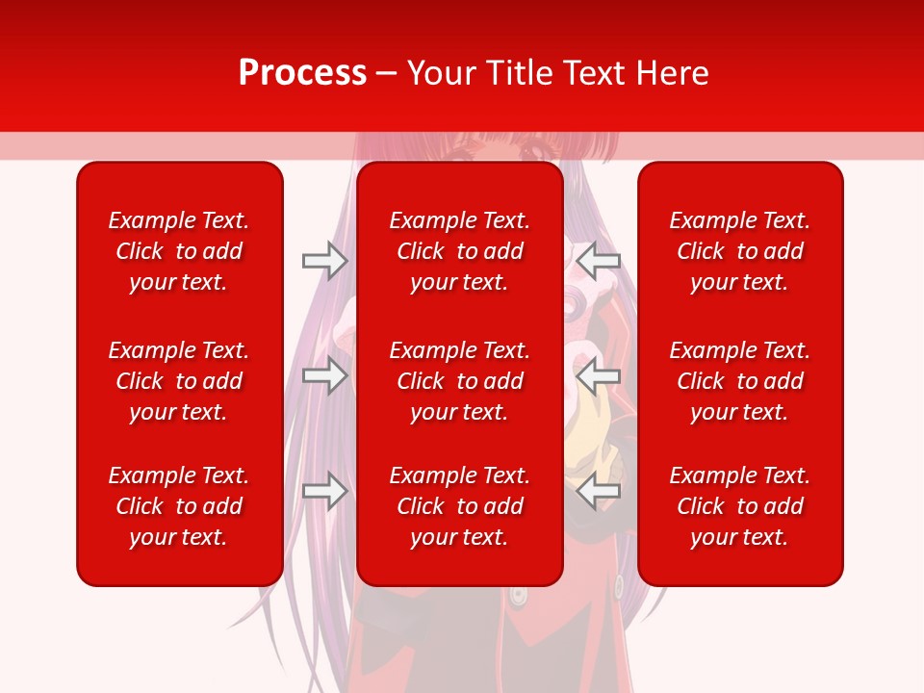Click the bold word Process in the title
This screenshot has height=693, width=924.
pos(302,73)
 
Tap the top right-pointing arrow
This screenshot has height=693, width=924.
pos(325,260)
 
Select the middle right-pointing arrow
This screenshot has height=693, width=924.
pos(325,375)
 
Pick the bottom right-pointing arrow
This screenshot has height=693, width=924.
pos(325,491)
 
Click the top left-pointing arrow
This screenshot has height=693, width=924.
pos(599,260)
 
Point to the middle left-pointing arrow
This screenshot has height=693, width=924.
pos(599,375)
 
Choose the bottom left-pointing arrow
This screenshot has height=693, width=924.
pos(599,491)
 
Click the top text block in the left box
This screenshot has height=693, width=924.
pos(179,251)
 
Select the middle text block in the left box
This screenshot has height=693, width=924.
pos(179,381)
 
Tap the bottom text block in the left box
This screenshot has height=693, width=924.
pos(179,506)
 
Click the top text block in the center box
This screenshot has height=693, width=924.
pos(459,251)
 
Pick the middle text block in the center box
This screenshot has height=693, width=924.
pos(459,381)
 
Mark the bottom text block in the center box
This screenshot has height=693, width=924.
pos(459,506)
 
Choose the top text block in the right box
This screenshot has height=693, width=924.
pos(739,251)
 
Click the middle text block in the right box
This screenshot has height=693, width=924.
pos(739,381)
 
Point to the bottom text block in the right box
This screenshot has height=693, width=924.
pos(739,506)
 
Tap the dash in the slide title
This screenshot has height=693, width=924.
pos(387,74)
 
